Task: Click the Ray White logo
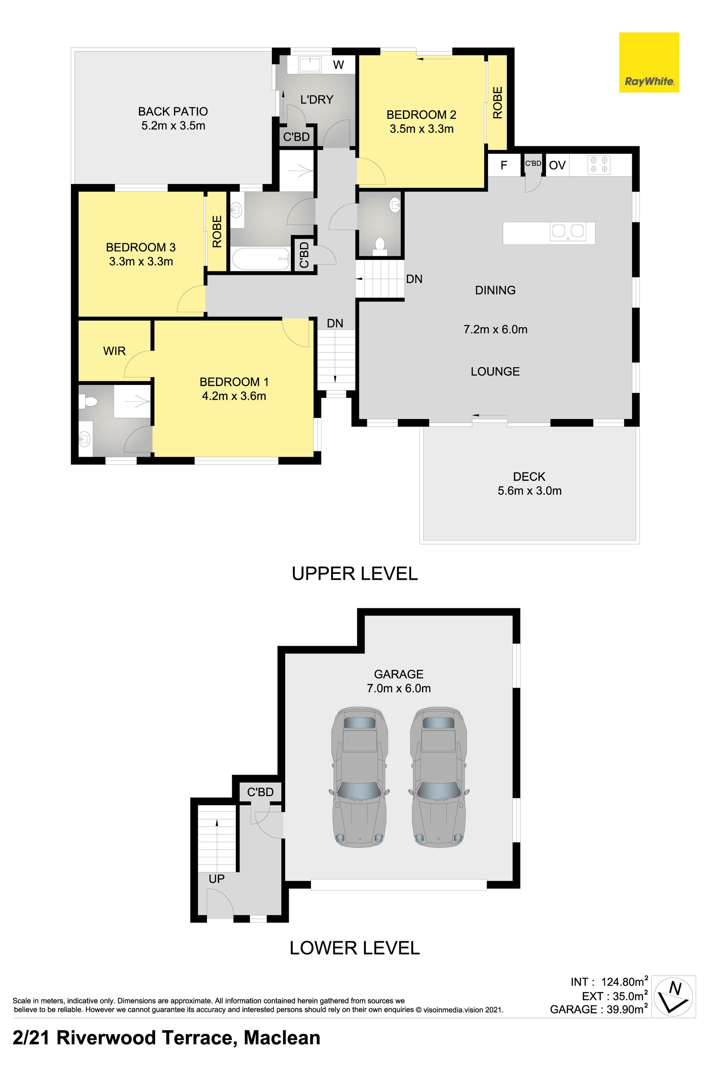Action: [649, 63]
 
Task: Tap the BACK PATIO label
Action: [173, 111]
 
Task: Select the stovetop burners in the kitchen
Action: [598, 165]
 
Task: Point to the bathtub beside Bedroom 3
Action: [261, 259]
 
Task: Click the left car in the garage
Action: [360, 777]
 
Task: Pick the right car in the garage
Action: [438, 777]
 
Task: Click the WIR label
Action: [114, 351]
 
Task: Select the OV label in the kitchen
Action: [557, 165]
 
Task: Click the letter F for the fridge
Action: [504, 165]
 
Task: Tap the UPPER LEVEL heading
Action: [355, 574]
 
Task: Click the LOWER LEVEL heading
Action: [355, 948]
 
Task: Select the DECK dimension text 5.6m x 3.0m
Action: [530, 491]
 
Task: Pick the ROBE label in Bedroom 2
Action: [497, 103]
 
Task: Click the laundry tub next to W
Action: [311, 64]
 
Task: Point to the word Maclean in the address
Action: [282, 1038]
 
